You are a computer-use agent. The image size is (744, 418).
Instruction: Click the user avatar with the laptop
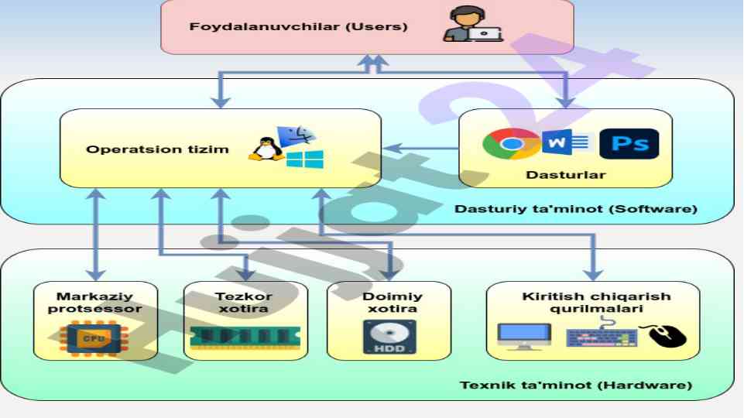(x=473, y=24)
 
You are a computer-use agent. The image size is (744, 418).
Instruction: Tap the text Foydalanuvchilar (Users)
(x=299, y=26)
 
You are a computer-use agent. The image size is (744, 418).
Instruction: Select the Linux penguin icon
(x=266, y=148)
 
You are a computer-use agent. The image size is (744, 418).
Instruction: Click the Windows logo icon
(x=304, y=159)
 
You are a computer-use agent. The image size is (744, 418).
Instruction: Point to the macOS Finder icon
(x=296, y=135)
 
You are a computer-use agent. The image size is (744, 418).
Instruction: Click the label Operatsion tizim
(x=158, y=149)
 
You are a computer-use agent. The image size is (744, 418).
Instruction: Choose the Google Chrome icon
(x=510, y=144)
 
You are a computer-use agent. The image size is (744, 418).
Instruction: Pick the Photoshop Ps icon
(x=629, y=144)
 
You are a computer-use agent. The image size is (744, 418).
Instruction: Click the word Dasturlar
(x=566, y=175)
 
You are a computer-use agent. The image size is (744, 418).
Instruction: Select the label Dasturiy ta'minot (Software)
(x=576, y=209)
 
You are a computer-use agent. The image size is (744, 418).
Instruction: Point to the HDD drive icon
(x=389, y=337)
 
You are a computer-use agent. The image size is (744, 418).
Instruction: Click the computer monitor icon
(x=523, y=336)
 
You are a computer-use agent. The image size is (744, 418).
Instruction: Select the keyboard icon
(x=602, y=337)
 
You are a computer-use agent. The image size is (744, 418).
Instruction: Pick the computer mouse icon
(x=667, y=335)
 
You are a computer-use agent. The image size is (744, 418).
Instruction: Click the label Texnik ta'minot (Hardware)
(x=576, y=385)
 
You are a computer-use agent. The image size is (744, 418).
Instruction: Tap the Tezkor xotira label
(x=244, y=302)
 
